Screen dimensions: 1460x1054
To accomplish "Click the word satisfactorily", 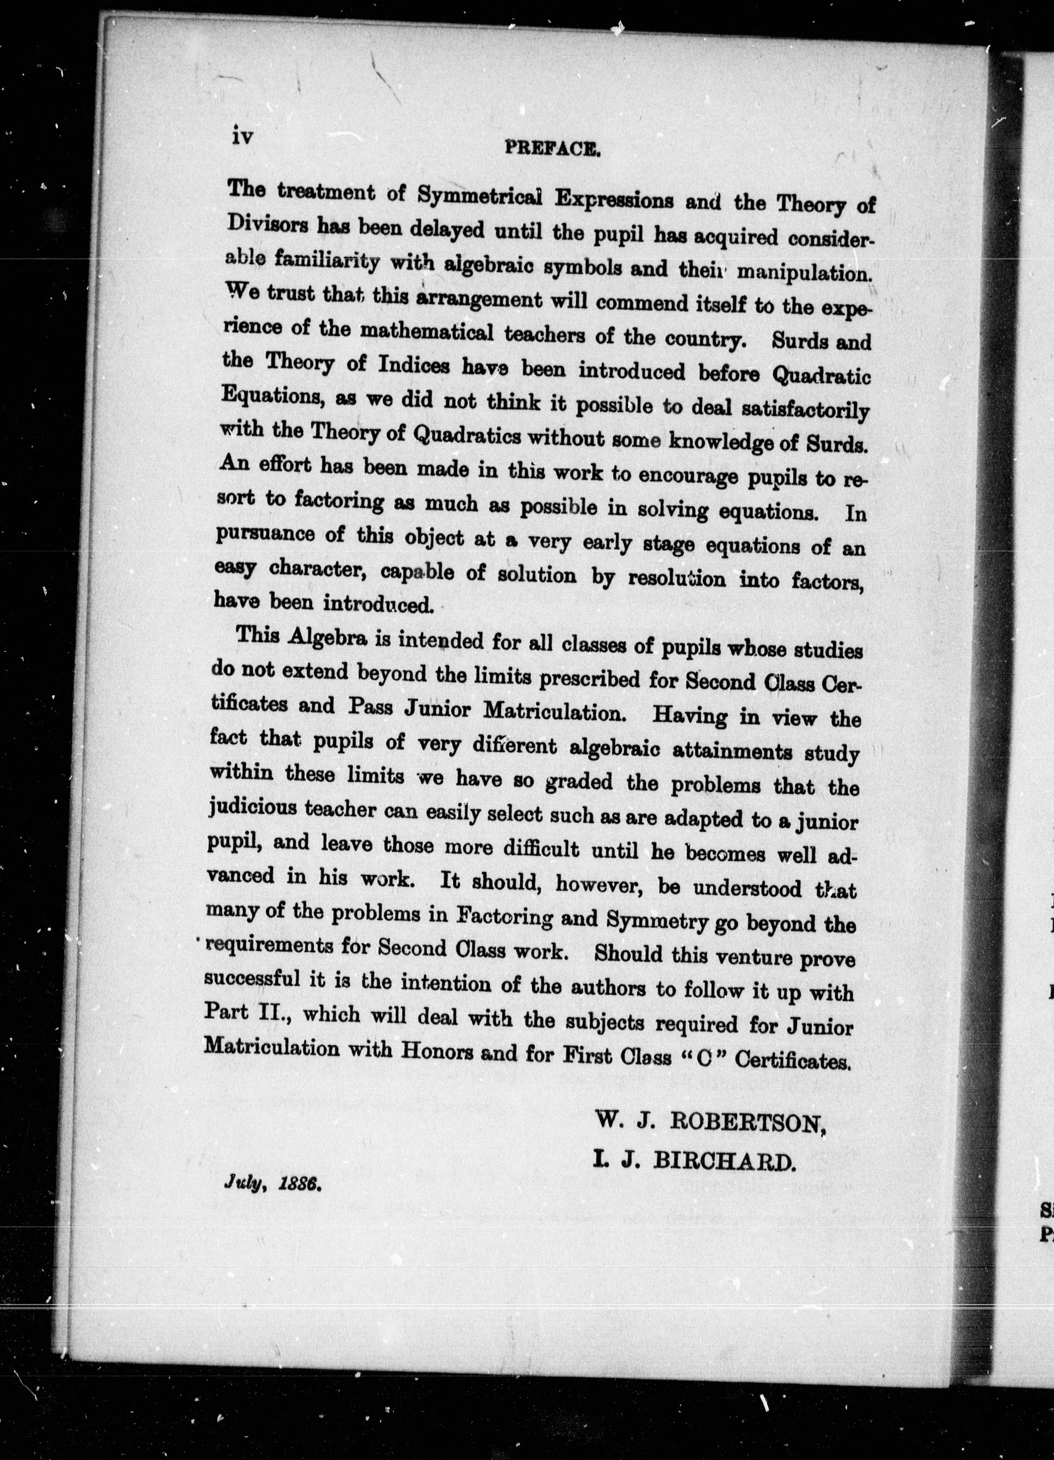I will pos(805,410).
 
